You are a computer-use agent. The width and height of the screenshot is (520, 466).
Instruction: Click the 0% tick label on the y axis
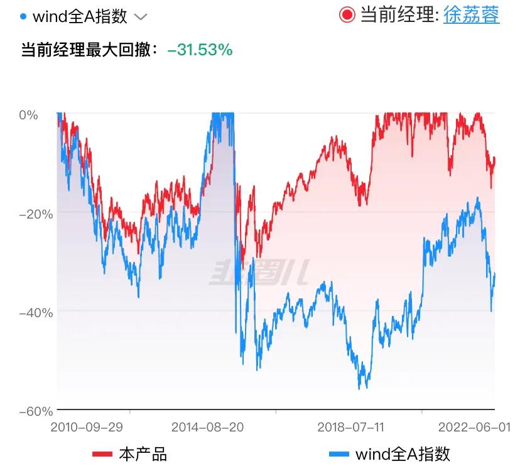(x=29, y=115)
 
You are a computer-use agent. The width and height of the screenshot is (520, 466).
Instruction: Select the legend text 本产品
(x=143, y=453)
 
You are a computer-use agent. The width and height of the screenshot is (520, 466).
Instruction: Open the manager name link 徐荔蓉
(x=472, y=14)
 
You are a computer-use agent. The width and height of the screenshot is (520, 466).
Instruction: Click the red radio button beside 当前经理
(x=347, y=14)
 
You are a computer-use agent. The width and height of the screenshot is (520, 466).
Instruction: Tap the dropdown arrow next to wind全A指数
(x=141, y=17)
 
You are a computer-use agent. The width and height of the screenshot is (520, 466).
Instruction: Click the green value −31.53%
(x=200, y=50)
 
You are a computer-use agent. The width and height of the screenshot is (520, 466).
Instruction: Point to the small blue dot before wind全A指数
(x=23, y=16)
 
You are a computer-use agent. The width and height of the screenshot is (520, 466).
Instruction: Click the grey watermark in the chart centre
(x=259, y=273)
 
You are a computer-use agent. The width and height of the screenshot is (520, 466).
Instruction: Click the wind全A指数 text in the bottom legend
(x=403, y=453)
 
